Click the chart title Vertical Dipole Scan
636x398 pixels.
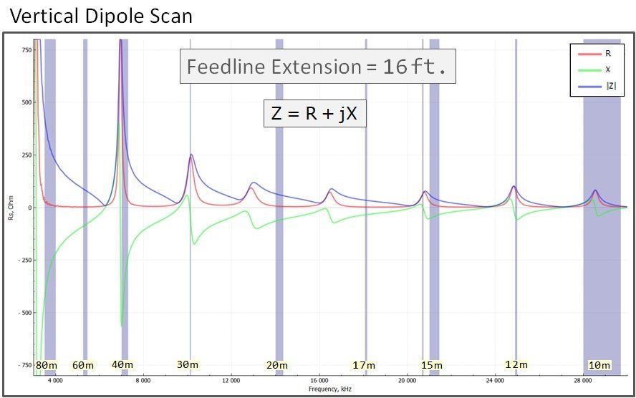[102, 15]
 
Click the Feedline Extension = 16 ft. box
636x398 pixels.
[317, 67]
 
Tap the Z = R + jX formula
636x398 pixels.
[315, 113]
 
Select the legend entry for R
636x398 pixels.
[608, 53]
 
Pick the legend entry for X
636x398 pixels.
[608, 70]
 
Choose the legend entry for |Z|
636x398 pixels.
[610, 87]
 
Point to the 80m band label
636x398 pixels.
[47, 365]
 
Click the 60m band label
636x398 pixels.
[83, 365]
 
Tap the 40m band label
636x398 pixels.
[122, 364]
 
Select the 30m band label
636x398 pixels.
[188, 364]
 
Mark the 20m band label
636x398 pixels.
[277, 365]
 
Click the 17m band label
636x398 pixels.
[363, 365]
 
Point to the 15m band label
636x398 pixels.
[431, 365]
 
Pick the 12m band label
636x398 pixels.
[516, 364]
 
